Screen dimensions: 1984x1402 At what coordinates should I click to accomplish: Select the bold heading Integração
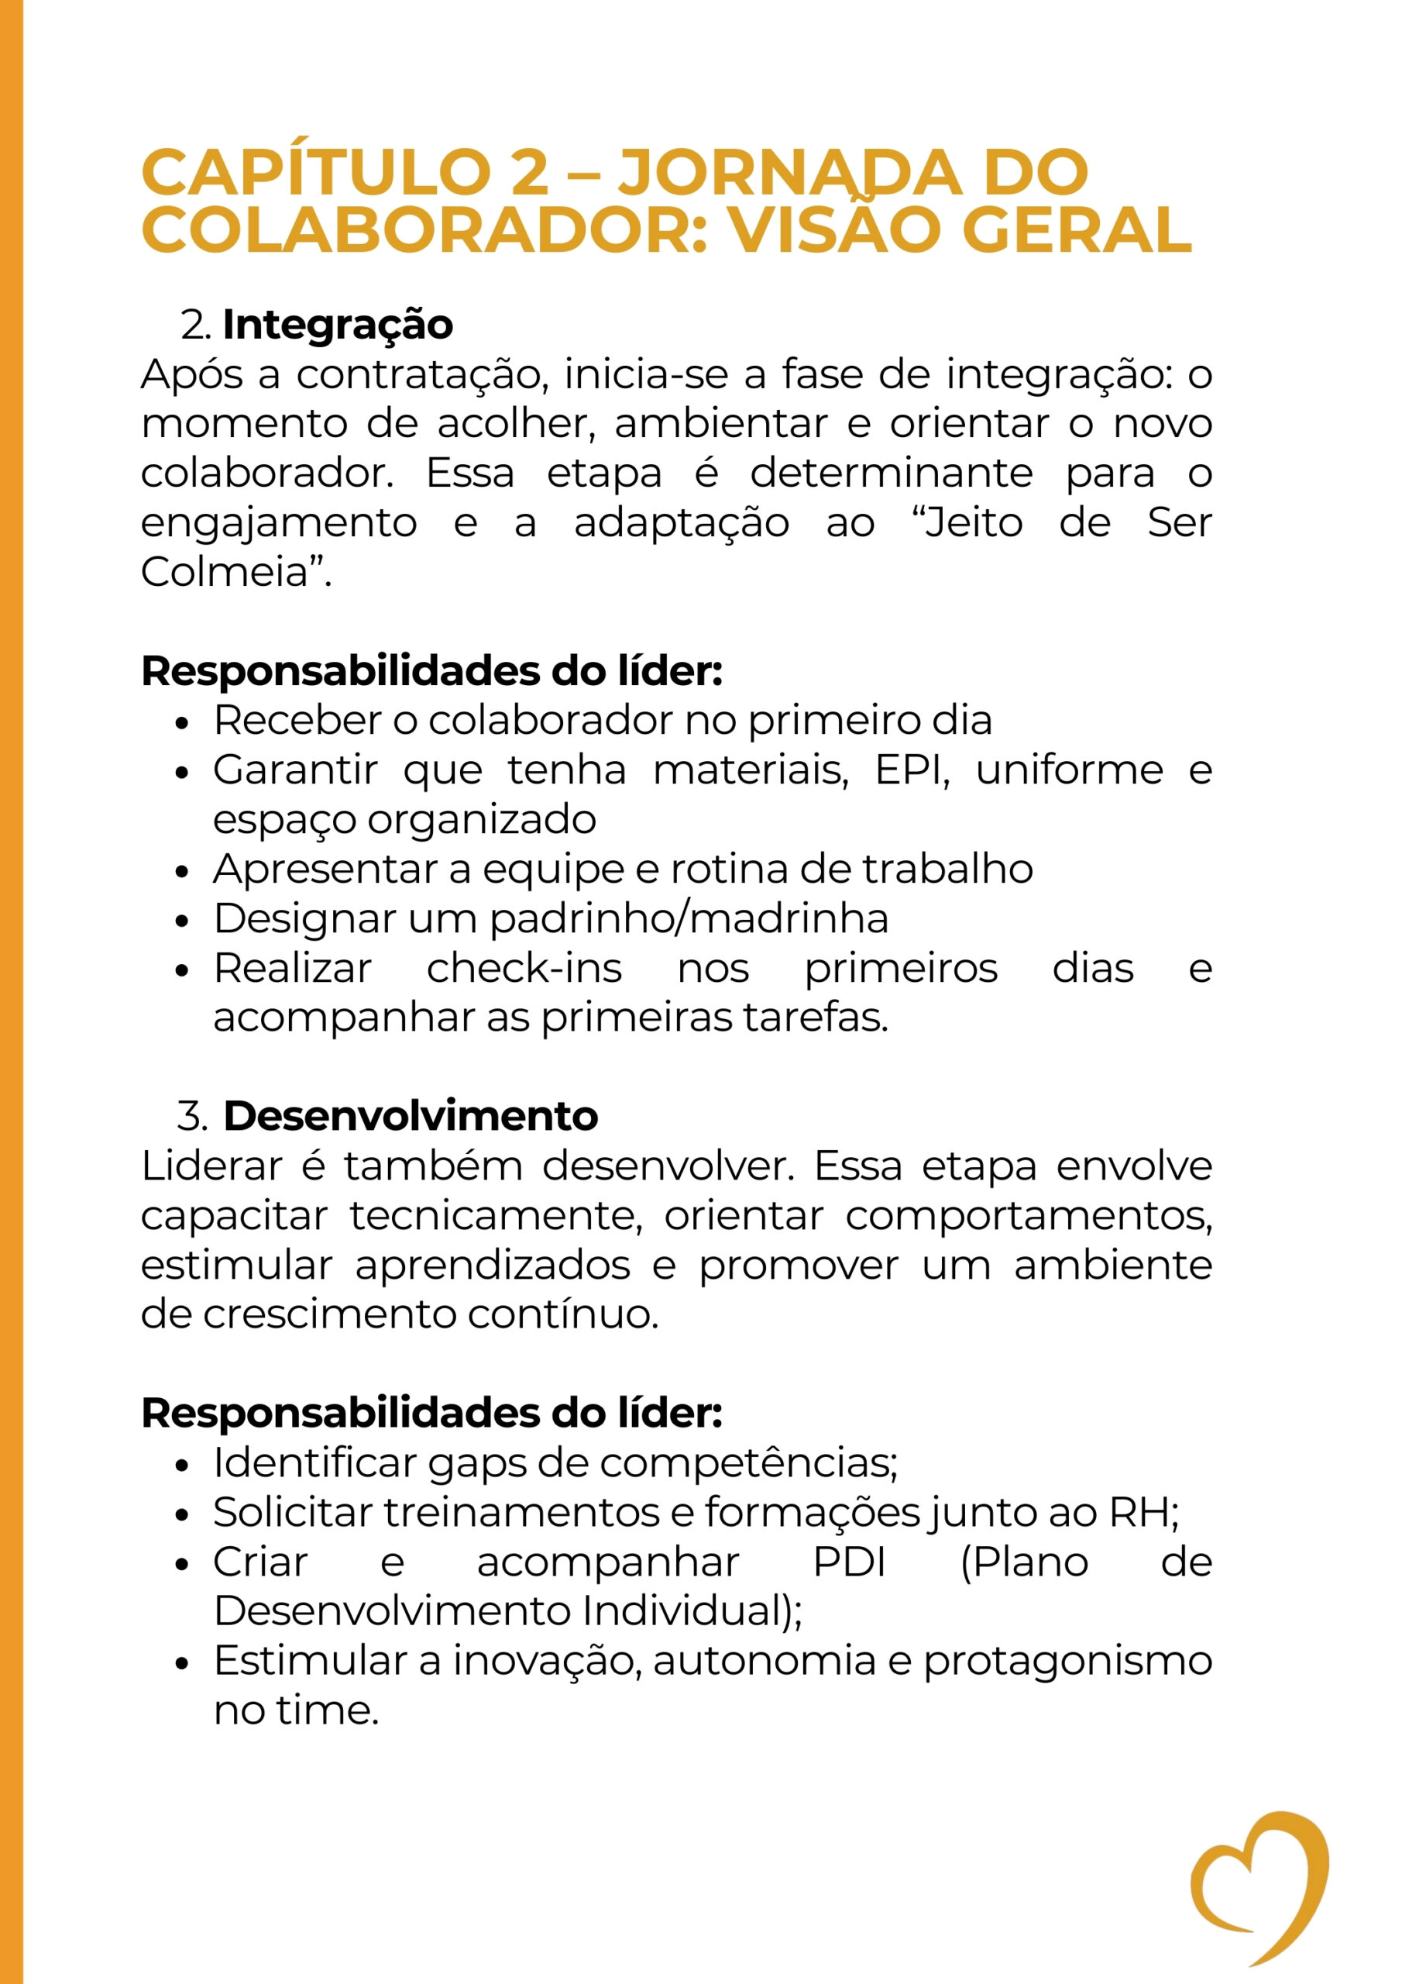point(338,325)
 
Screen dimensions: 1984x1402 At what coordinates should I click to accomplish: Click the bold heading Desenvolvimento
point(411,1117)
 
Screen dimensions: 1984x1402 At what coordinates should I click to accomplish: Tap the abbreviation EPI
point(910,771)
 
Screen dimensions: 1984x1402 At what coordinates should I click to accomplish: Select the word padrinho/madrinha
point(689,918)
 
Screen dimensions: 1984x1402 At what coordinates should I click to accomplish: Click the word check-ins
point(524,969)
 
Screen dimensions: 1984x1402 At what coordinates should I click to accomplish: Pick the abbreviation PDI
point(850,1562)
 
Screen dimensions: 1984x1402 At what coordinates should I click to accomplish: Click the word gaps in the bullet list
point(477,1463)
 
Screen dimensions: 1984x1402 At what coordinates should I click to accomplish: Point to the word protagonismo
point(1067,1661)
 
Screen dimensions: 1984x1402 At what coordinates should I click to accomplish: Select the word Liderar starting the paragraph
point(211,1166)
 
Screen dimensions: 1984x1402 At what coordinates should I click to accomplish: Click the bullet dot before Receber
point(181,723)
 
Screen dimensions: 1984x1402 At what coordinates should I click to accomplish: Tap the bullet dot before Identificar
point(181,1466)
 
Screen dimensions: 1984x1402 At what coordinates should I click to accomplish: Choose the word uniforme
point(1070,771)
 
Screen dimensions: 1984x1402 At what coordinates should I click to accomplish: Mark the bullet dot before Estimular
point(181,1663)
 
